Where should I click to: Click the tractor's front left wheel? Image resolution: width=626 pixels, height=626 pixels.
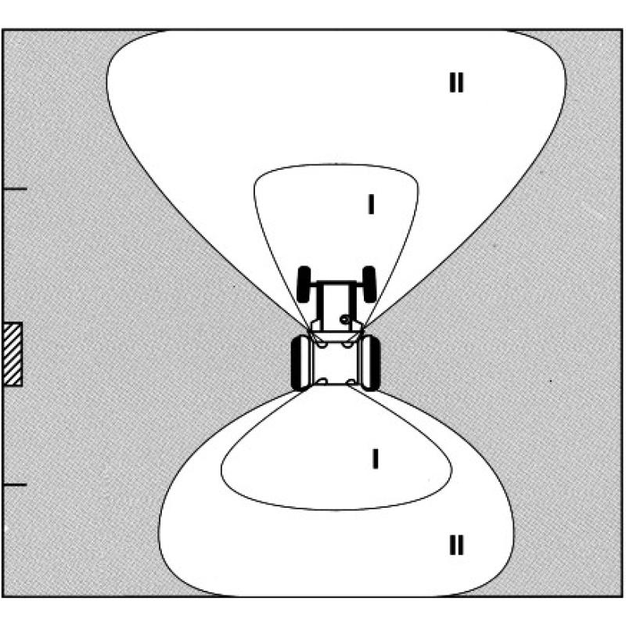coord(304,284)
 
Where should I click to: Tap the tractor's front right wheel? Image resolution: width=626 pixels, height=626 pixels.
coord(369,284)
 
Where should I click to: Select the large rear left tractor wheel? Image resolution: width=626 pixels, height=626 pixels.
coord(300,363)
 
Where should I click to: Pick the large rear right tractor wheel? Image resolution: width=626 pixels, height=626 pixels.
coord(371,363)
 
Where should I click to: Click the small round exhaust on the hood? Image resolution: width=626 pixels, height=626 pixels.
coord(345,319)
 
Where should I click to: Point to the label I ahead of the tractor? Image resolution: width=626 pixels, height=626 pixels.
coord(371,204)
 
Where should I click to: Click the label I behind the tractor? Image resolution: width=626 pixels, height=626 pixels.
coord(376,459)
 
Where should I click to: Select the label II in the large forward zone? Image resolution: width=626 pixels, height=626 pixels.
coord(456,83)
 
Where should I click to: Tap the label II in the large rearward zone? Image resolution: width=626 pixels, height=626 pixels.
coord(456,545)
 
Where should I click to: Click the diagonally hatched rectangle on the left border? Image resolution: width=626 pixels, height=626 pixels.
coord(13,354)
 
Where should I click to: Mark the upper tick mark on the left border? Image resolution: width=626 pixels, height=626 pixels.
coord(15,188)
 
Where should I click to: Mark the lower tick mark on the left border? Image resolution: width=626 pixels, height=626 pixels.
coord(15,485)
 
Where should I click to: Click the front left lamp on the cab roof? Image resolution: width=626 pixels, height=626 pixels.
coord(322,344)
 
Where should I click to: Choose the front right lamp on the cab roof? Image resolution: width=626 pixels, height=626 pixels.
coord(348,344)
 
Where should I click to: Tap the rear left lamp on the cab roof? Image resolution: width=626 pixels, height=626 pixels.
coord(322,382)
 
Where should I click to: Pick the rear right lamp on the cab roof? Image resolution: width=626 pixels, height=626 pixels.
coord(351,382)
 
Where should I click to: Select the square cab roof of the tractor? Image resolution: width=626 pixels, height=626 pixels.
coord(336,363)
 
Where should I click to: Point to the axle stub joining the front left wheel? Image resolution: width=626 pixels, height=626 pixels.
coord(315,285)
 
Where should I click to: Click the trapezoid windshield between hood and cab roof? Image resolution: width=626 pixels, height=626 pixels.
coord(336,336)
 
